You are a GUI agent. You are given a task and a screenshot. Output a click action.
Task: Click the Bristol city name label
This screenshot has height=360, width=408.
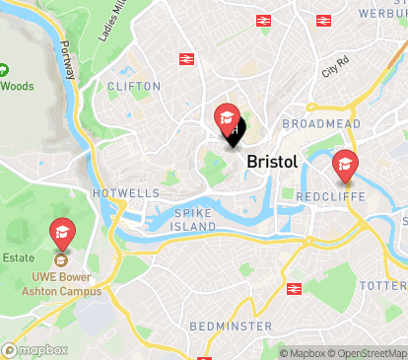tap(271, 161)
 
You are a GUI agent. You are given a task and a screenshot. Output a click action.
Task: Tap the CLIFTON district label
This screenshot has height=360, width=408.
tap(133, 87)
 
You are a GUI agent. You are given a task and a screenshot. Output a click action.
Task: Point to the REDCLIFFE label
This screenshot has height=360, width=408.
tap(330, 197)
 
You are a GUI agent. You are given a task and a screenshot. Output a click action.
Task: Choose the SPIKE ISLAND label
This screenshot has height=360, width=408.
tap(194, 219)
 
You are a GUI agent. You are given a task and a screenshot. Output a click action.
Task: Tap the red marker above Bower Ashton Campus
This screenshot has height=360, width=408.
tap(61, 234)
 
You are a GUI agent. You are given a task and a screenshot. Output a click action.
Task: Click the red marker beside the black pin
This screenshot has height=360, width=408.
tap(226, 119)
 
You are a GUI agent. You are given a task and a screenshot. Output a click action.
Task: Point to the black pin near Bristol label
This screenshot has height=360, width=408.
tap(234, 135)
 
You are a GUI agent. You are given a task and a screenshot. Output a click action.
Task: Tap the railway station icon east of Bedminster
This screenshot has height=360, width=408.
tap(293, 289)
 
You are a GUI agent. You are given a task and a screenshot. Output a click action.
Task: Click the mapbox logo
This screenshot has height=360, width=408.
tap(35, 349)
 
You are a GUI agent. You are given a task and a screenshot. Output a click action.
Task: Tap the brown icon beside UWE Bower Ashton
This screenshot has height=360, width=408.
tap(61, 261)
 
